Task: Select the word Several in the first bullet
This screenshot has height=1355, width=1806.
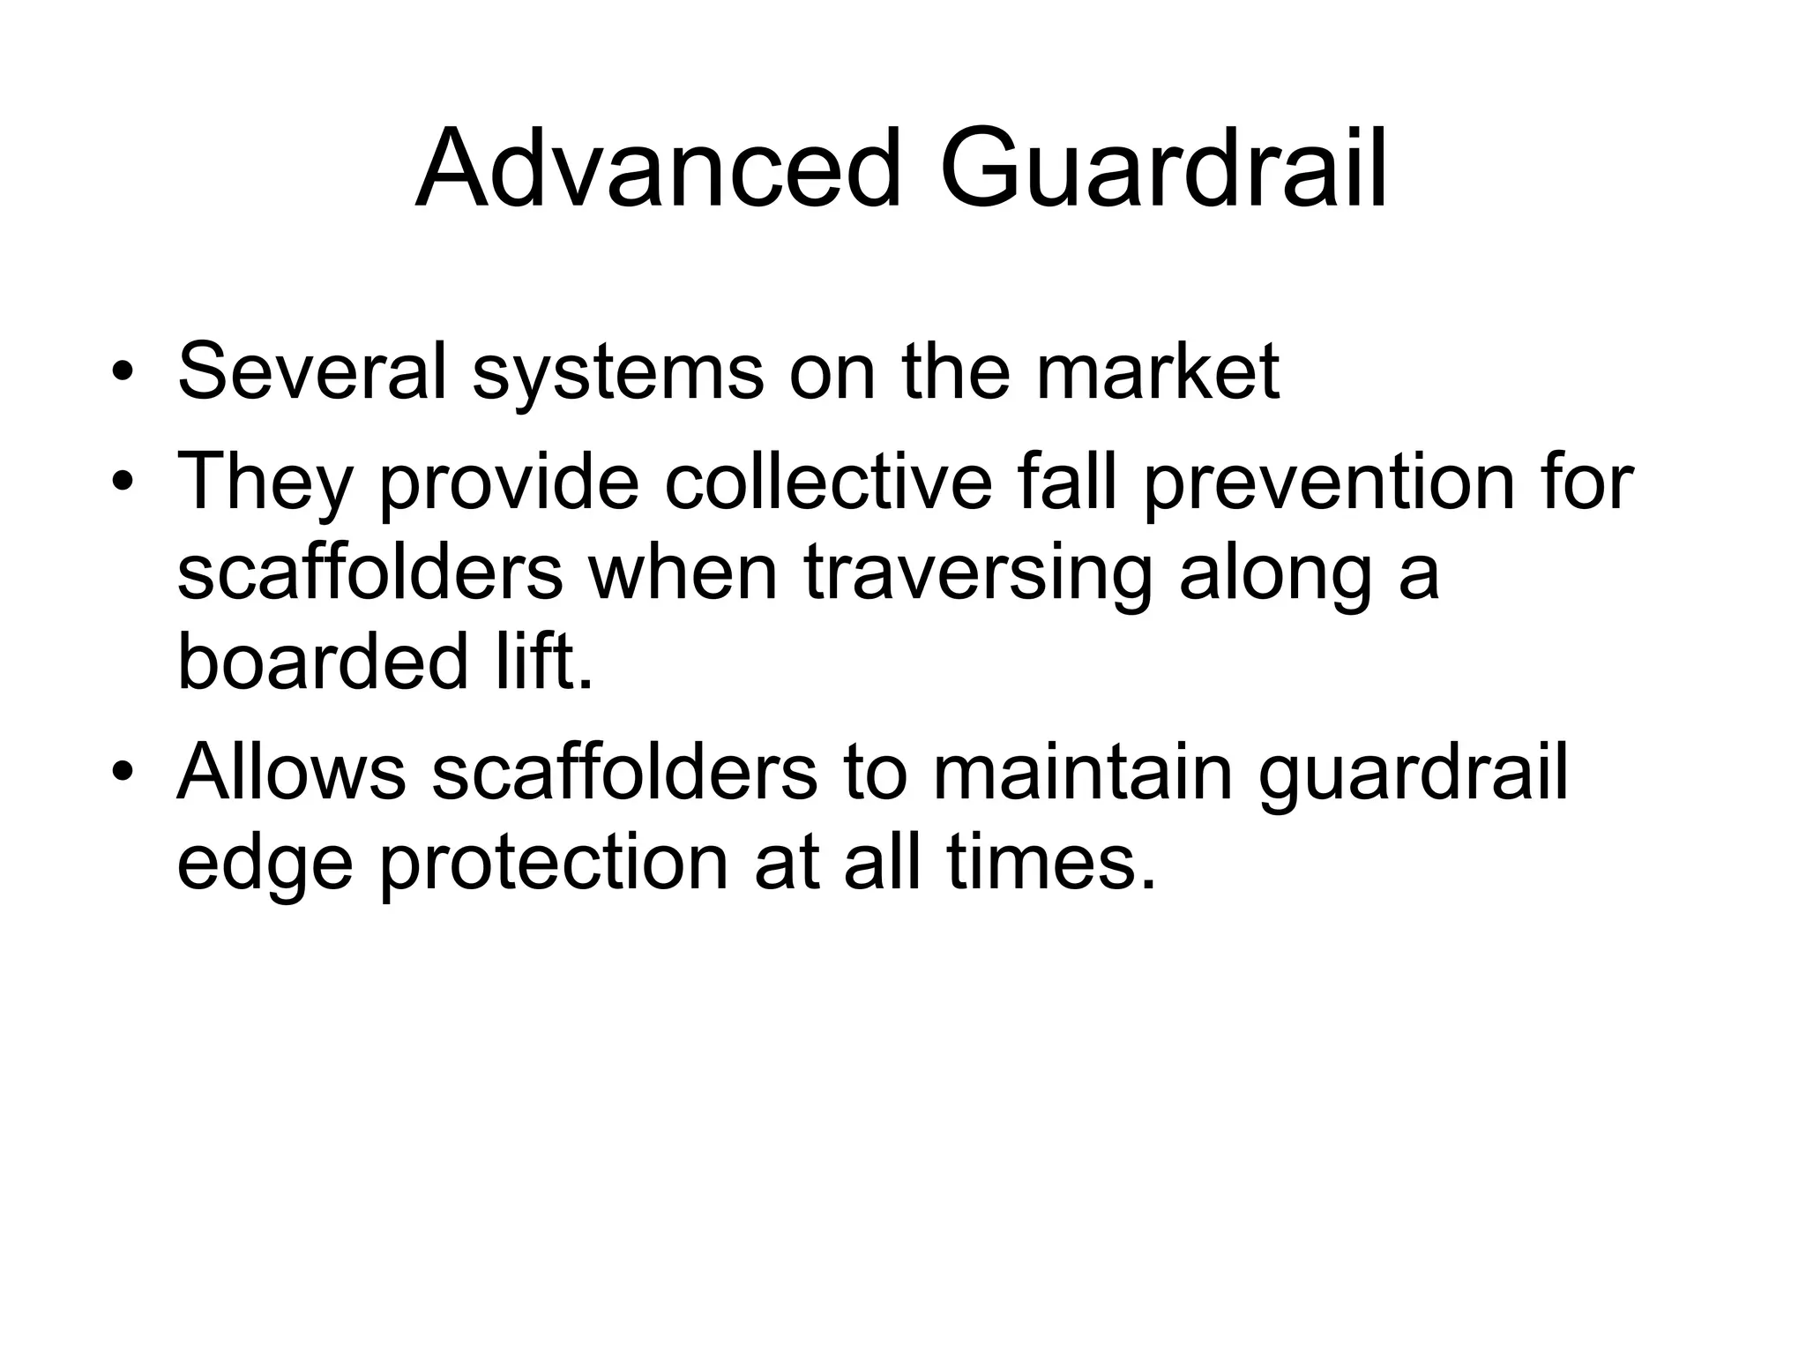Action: click(x=312, y=371)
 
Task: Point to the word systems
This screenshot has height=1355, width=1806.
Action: click(x=618, y=373)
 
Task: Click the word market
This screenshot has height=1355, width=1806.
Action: click(x=1157, y=371)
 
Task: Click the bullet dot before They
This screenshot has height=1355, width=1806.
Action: click(x=123, y=482)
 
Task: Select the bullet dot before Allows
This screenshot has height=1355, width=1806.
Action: click(x=123, y=771)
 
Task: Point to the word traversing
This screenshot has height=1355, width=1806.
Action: click(x=978, y=573)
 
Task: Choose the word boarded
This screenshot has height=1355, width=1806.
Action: click(x=322, y=663)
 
